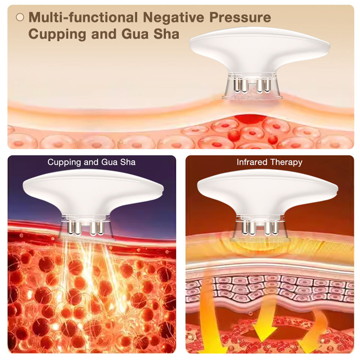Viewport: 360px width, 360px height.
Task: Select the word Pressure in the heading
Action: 240,17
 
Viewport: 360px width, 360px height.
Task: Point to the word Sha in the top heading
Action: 168,34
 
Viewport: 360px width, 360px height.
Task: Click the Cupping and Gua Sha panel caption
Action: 91,162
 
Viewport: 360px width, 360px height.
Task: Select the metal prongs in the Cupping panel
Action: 84,226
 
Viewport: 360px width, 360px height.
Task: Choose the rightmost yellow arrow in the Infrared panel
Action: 313,330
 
